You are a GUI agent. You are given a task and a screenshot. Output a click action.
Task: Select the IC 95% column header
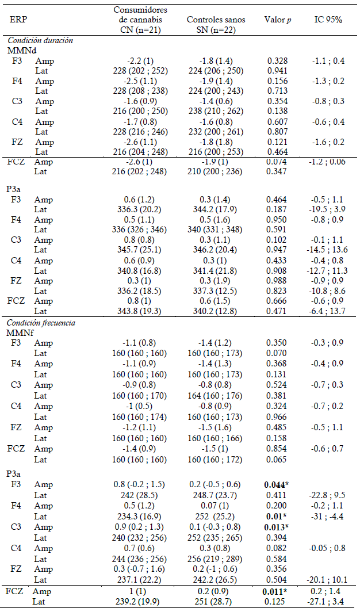329,20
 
